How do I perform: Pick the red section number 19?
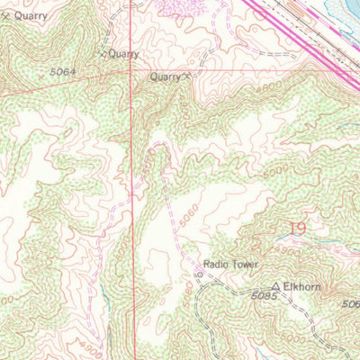(x=296, y=229)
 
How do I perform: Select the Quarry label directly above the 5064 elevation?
(x=122, y=54)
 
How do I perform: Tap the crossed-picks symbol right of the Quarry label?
(x=187, y=77)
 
